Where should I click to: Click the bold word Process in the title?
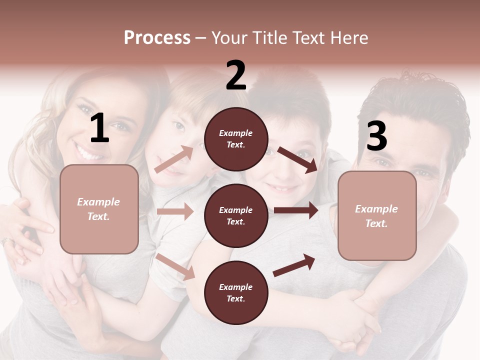pos(157,38)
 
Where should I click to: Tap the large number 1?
pos(99,128)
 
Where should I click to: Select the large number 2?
pos(236,75)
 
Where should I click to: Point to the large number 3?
pos(376,136)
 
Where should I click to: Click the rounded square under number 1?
pos(99,209)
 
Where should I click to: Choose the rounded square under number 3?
pos(377,216)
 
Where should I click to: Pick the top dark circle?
pos(236,139)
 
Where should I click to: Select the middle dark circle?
pos(236,215)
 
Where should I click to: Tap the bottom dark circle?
pos(236,292)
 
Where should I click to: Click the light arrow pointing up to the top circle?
pos(174,159)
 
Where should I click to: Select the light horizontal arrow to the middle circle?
pos(175,211)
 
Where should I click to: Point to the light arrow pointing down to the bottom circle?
pos(175,266)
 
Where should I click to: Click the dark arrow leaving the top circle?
pos(298,159)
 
